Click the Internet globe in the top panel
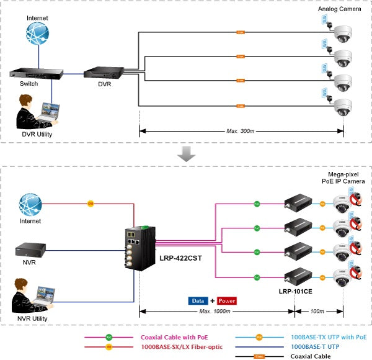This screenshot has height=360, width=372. point(37,35)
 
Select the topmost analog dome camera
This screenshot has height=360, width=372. point(343,34)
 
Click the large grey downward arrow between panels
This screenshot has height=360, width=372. point(186,155)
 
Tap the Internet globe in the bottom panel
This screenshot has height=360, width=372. point(30,204)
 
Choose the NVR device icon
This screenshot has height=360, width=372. point(30,250)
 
